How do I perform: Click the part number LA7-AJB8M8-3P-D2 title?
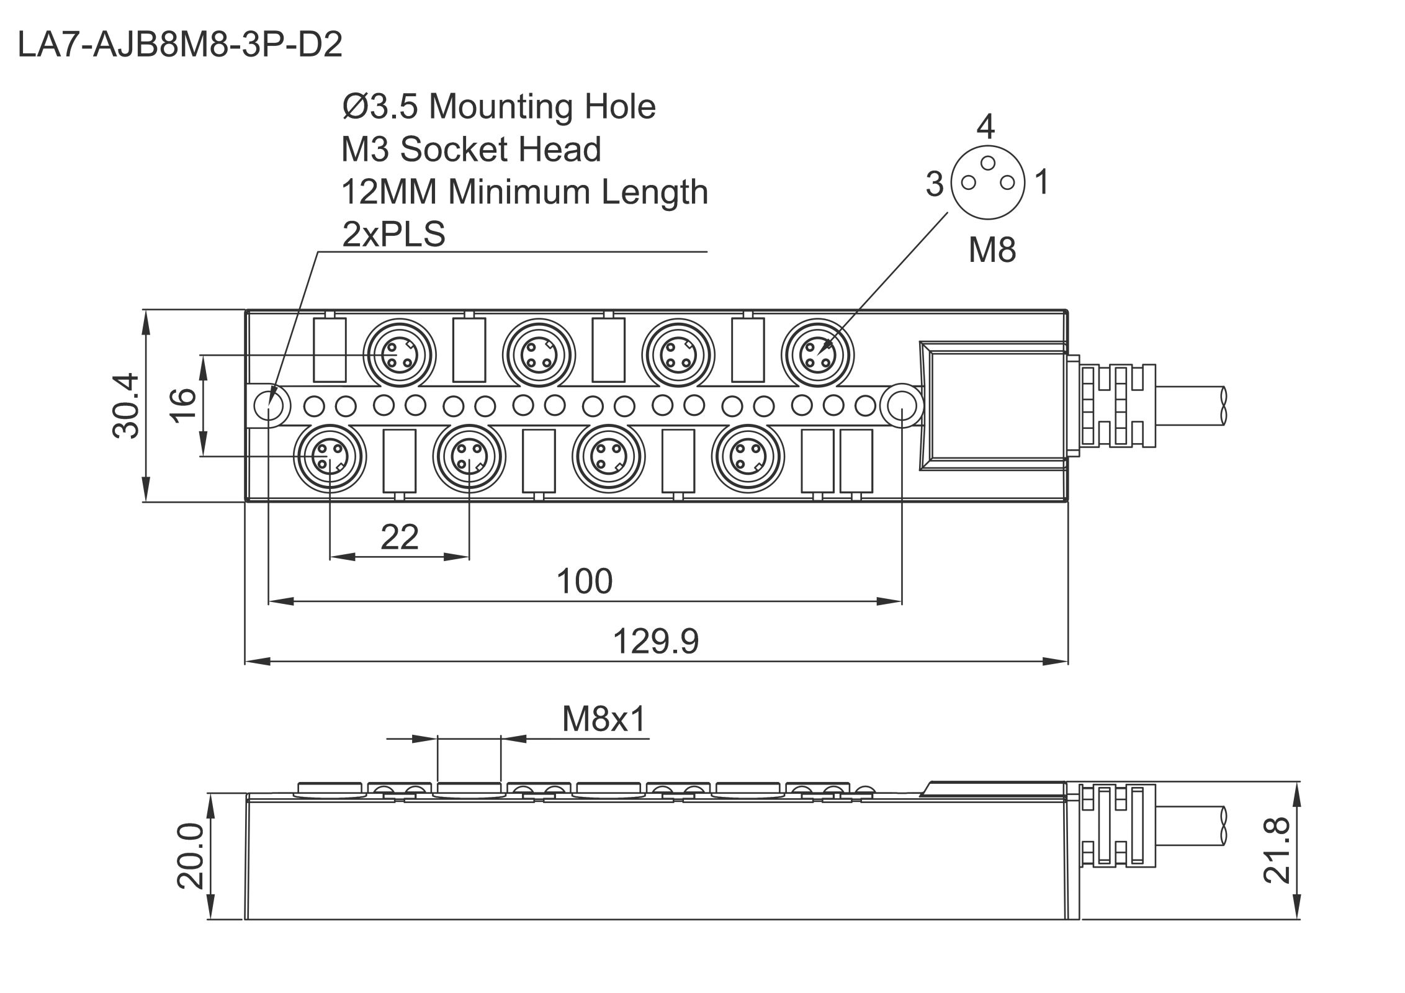(180, 45)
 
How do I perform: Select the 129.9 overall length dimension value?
(655, 641)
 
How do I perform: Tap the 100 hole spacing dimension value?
(584, 582)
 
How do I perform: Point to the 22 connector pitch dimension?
(399, 537)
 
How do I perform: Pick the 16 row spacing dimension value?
(184, 405)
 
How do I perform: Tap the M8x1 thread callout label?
(604, 719)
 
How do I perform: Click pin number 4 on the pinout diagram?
(985, 127)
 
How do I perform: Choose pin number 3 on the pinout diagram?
(935, 184)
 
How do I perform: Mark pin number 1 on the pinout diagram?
(1043, 182)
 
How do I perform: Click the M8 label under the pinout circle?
(992, 249)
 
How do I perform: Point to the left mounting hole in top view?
(269, 405)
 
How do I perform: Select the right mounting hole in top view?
(902, 405)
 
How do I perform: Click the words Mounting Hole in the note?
(542, 107)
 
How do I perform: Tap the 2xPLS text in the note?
(393, 235)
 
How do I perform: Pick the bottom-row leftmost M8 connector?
(330, 456)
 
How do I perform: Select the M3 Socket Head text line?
(471, 150)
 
